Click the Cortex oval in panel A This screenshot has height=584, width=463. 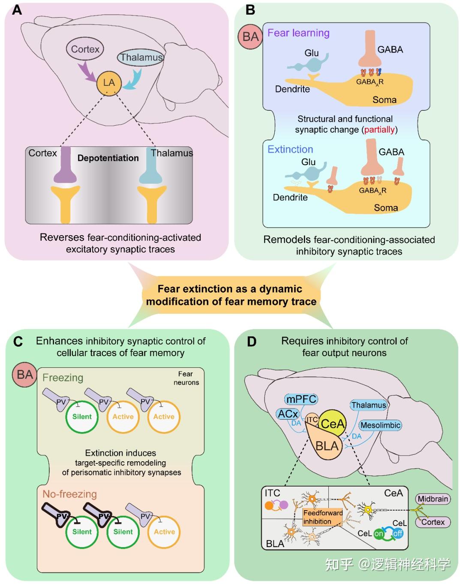[x=85, y=49]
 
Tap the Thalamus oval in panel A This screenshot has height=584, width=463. [x=141, y=57]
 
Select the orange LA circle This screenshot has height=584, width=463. [x=109, y=83]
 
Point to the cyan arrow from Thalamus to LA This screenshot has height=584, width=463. [x=133, y=80]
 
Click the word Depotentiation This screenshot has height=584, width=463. [x=108, y=158]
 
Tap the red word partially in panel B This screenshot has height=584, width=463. [x=379, y=130]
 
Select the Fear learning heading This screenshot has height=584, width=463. [x=298, y=33]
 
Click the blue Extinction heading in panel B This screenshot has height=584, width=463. [x=290, y=149]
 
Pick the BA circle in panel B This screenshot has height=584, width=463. [x=250, y=36]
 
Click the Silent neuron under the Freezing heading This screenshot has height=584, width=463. [x=82, y=417]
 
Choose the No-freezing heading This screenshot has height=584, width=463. [x=69, y=494]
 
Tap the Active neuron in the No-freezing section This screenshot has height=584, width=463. [x=164, y=532]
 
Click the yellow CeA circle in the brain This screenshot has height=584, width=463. [x=332, y=424]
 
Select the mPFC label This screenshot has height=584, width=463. [x=301, y=399]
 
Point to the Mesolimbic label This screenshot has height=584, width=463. [x=380, y=425]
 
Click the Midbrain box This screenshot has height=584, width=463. [x=433, y=499]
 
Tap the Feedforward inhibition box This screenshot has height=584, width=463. [x=322, y=517]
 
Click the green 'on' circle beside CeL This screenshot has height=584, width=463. [x=379, y=534]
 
